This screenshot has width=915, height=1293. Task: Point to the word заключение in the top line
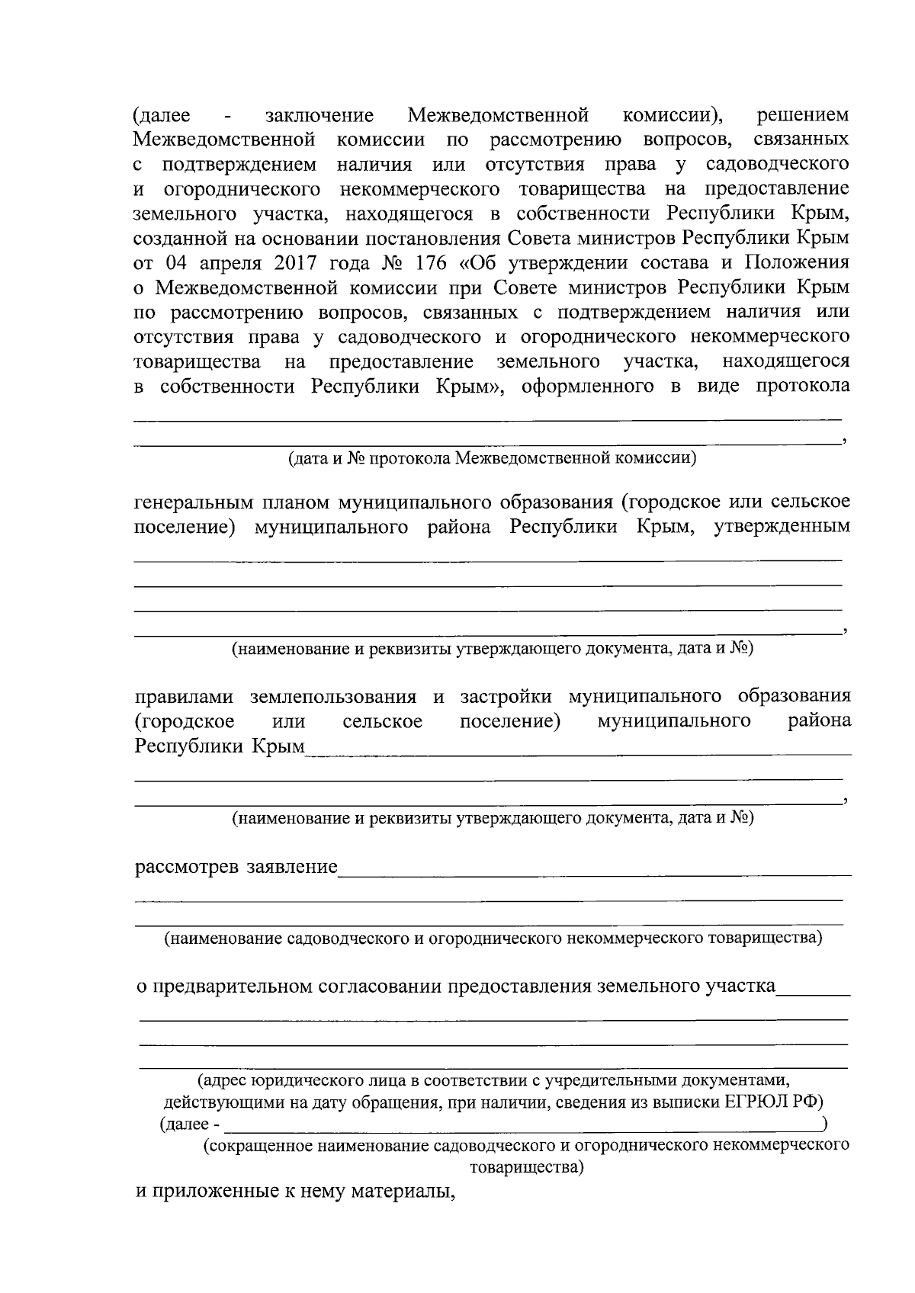tap(319, 116)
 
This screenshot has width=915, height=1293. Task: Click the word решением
tap(802, 116)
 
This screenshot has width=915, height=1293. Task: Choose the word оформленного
tap(577, 386)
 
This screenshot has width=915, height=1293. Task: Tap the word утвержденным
tap(782, 528)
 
